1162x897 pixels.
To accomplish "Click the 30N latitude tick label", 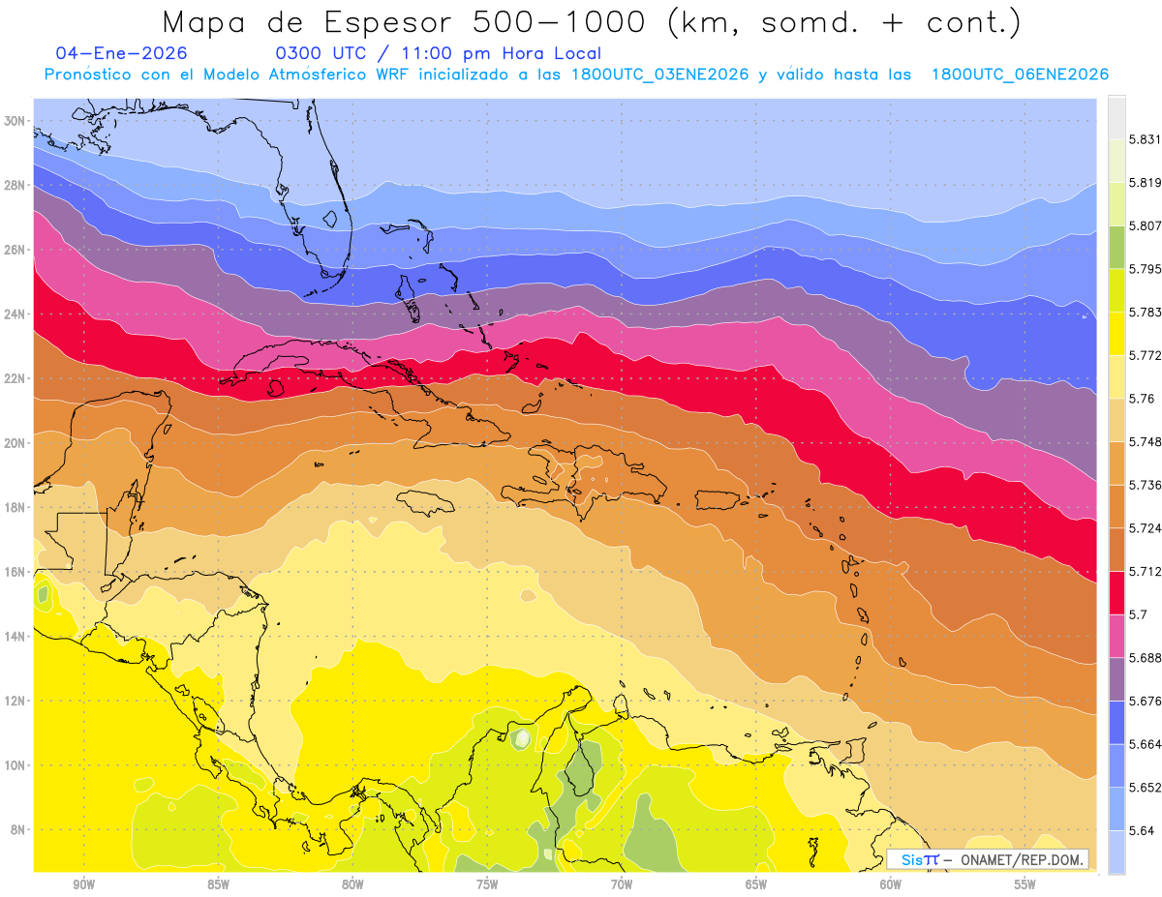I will coord(15,121).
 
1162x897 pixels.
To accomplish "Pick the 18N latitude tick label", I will coord(15,507).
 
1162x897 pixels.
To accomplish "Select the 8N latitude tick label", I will coord(17,829).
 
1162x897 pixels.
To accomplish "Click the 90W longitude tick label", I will coord(83,883).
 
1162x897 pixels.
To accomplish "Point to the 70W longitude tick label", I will coord(621,883).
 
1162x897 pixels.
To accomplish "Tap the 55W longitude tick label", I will coord(1024,883).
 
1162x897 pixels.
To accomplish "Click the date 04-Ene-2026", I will coord(122,53).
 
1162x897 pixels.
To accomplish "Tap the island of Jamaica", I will coord(425,501).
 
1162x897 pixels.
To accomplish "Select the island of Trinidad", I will coord(856,750).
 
